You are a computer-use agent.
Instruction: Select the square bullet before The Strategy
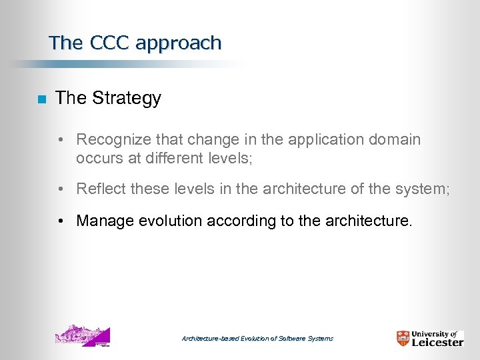coord(41,99)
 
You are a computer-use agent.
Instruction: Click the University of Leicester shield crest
coord(403,338)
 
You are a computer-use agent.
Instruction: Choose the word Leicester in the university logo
coord(437,343)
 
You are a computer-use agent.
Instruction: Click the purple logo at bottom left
coord(82,336)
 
